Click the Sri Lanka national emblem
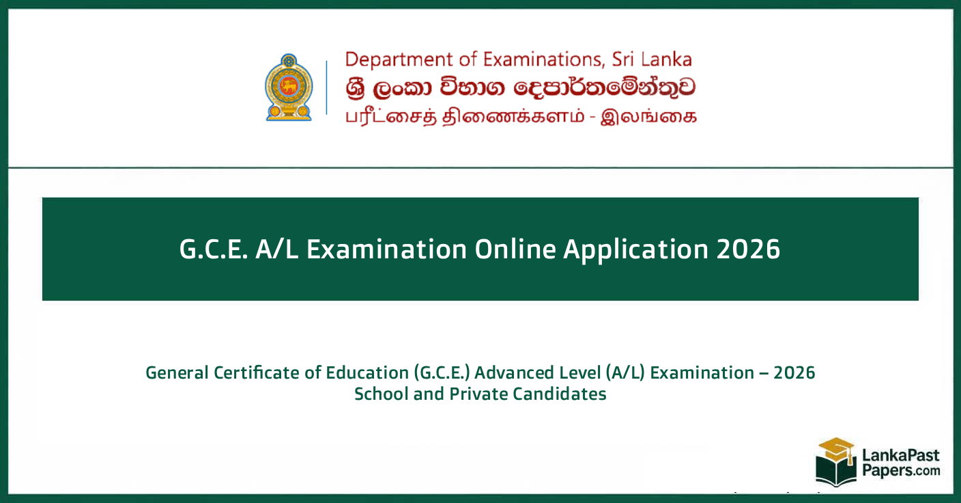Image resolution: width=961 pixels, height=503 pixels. click(288, 87)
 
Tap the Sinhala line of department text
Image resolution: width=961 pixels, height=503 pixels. click(521, 87)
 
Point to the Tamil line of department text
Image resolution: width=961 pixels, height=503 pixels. click(521, 115)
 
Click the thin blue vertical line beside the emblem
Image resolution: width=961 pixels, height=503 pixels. click(326, 87)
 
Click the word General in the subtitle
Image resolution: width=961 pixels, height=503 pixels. click(176, 373)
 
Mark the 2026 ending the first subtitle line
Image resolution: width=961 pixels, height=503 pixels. click(795, 373)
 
